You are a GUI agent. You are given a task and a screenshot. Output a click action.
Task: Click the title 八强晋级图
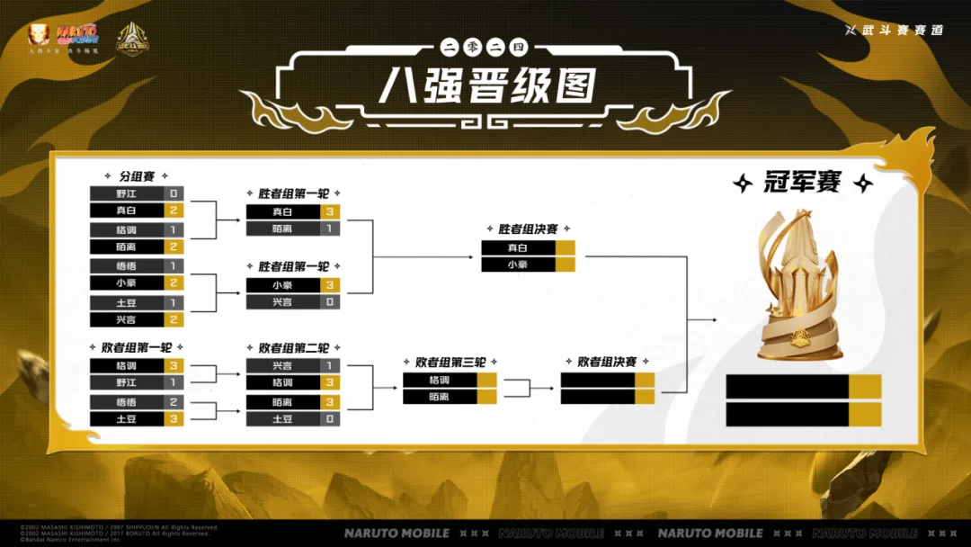pos(486,86)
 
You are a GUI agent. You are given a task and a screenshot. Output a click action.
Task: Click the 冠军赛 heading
pos(803,183)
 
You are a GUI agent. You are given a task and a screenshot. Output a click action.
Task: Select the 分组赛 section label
pos(137,175)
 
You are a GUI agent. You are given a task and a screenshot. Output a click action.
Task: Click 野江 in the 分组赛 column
pos(127,193)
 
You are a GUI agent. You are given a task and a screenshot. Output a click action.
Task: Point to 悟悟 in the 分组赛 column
pos(127,266)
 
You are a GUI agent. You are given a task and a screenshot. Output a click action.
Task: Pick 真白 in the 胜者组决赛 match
pos(518,247)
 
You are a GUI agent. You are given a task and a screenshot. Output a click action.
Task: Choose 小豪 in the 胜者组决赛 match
pos(518,265)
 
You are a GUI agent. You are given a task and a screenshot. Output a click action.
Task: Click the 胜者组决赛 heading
pos(528,229)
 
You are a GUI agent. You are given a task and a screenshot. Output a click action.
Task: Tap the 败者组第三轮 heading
pos(450,362)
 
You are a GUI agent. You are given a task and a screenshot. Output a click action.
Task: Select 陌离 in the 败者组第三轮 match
pos(440,396)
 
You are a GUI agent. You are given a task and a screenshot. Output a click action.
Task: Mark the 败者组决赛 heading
pos(607,362)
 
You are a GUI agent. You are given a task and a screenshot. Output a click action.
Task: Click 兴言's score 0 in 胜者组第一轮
pos(330,302)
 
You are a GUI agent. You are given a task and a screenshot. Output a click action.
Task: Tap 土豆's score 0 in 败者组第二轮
pos(330,419)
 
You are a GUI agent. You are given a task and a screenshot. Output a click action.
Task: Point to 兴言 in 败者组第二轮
pos(282,366)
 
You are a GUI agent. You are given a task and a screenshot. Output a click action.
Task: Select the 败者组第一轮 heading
pos(137,346)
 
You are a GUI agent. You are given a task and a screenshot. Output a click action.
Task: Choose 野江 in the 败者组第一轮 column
pos(127,382)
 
